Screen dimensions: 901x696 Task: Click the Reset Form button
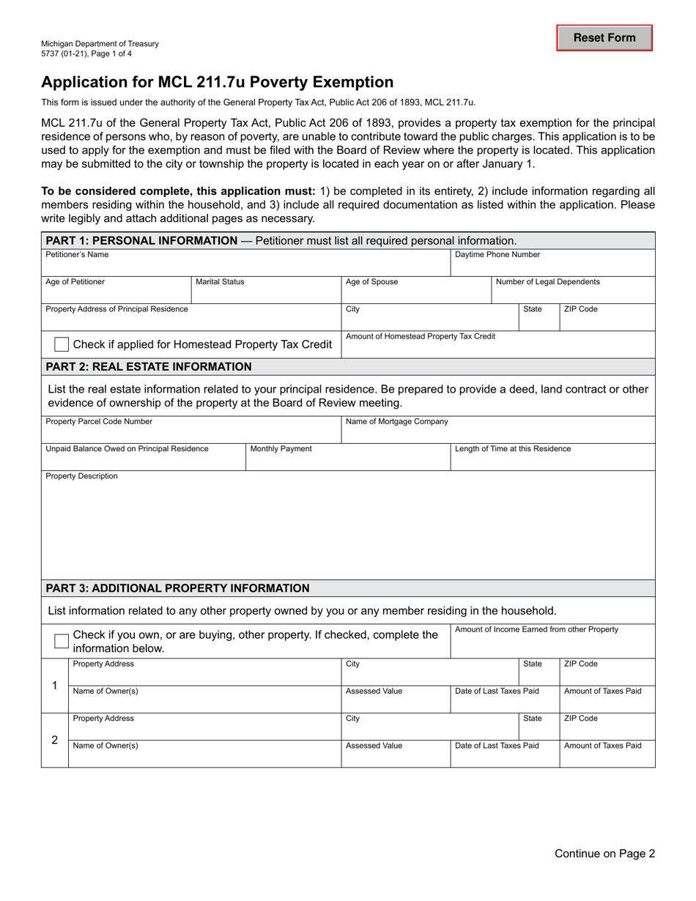[604, 38]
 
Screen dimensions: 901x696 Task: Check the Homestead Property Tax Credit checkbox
[63, 344]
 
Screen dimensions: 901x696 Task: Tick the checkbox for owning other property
[63, 642]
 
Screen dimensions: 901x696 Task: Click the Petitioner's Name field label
[77, 255]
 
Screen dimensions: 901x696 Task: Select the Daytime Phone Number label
[497, 255]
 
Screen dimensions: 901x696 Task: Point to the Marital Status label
[220, 282]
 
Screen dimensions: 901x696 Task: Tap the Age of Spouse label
[371, 282]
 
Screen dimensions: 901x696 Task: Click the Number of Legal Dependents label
[547, 282]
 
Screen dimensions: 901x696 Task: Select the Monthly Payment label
[281, 449]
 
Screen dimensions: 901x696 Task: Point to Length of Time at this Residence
[513, 449]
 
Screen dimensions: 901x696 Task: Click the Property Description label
[81, 476]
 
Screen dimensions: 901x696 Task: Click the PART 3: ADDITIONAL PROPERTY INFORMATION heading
[177, 588]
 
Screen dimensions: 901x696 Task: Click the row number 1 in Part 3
[54, 686]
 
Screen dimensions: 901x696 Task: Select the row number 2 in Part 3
[54, 740]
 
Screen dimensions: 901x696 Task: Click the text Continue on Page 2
[604, 853]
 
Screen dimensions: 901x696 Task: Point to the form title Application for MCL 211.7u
[217, 82]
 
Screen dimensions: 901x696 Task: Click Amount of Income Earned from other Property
[536, 629]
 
